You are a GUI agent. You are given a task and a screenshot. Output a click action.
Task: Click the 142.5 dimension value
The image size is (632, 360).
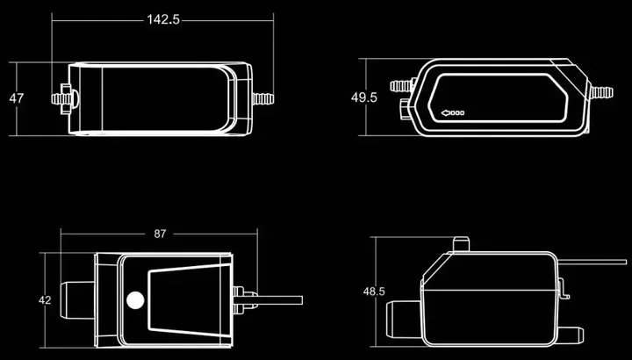tap(163, 19)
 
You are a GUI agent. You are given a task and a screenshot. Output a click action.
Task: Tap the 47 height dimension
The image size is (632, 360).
tap(17, 98)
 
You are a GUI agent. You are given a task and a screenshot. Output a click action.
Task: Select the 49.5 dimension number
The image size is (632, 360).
tap(364, 97)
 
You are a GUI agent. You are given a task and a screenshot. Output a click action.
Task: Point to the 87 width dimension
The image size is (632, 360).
tap(160, 234)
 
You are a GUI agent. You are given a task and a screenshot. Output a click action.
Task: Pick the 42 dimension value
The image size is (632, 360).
tap(45, 300)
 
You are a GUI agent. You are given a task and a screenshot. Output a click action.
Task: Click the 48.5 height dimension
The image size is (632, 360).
tap(374, 292)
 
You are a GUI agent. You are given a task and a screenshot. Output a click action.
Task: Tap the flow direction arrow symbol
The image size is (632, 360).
tap(453, 113)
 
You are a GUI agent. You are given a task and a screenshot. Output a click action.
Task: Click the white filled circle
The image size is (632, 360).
tap(135, 300)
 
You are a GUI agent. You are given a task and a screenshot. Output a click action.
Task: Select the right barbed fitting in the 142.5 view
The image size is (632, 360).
tap(262, 98)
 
